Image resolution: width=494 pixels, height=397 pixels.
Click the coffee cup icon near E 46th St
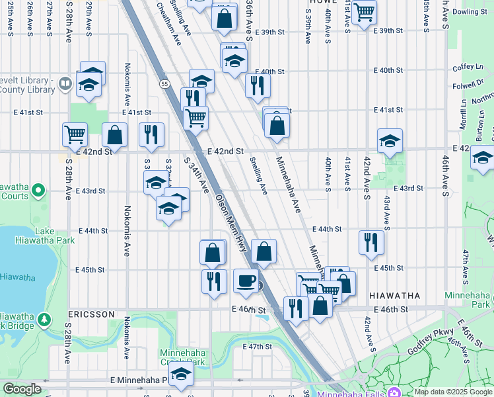click(x=246, y=281)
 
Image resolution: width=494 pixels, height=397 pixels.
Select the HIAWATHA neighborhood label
click(x=394, y=295)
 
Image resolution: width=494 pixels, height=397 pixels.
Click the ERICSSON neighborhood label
click(x=92, y=314)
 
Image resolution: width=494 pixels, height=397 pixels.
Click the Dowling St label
click(x=470, y=12)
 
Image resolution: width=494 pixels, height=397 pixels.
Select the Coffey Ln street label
click(x=469, y=67)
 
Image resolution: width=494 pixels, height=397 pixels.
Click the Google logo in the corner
click(x=22, y=390)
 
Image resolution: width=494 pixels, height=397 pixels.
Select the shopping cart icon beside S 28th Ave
click(x=75, y=134)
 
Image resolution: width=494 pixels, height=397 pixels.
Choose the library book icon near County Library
click(x=65, y=83)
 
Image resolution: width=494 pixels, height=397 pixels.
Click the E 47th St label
click(x=257, y=347)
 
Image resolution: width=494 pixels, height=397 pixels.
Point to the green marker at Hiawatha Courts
click(x=38, y=191)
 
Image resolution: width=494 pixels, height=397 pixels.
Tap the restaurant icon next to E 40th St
click(x=257, y=85)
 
